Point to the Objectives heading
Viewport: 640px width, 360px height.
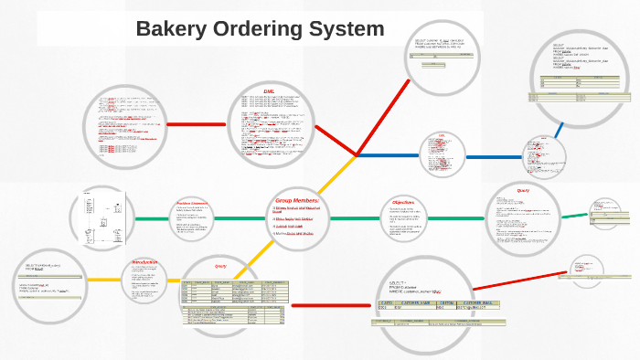(x=403, y=202)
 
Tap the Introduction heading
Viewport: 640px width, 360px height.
(x=145, y=262)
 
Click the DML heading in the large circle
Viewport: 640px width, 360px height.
(x=269, y=91)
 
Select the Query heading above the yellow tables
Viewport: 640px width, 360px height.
(x=219, y=266)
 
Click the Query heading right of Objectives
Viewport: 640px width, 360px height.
(x=523, y=191)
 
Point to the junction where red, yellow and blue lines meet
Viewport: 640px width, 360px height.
(x=357, y=155)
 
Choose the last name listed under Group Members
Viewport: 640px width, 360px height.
(x=298, y=233)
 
